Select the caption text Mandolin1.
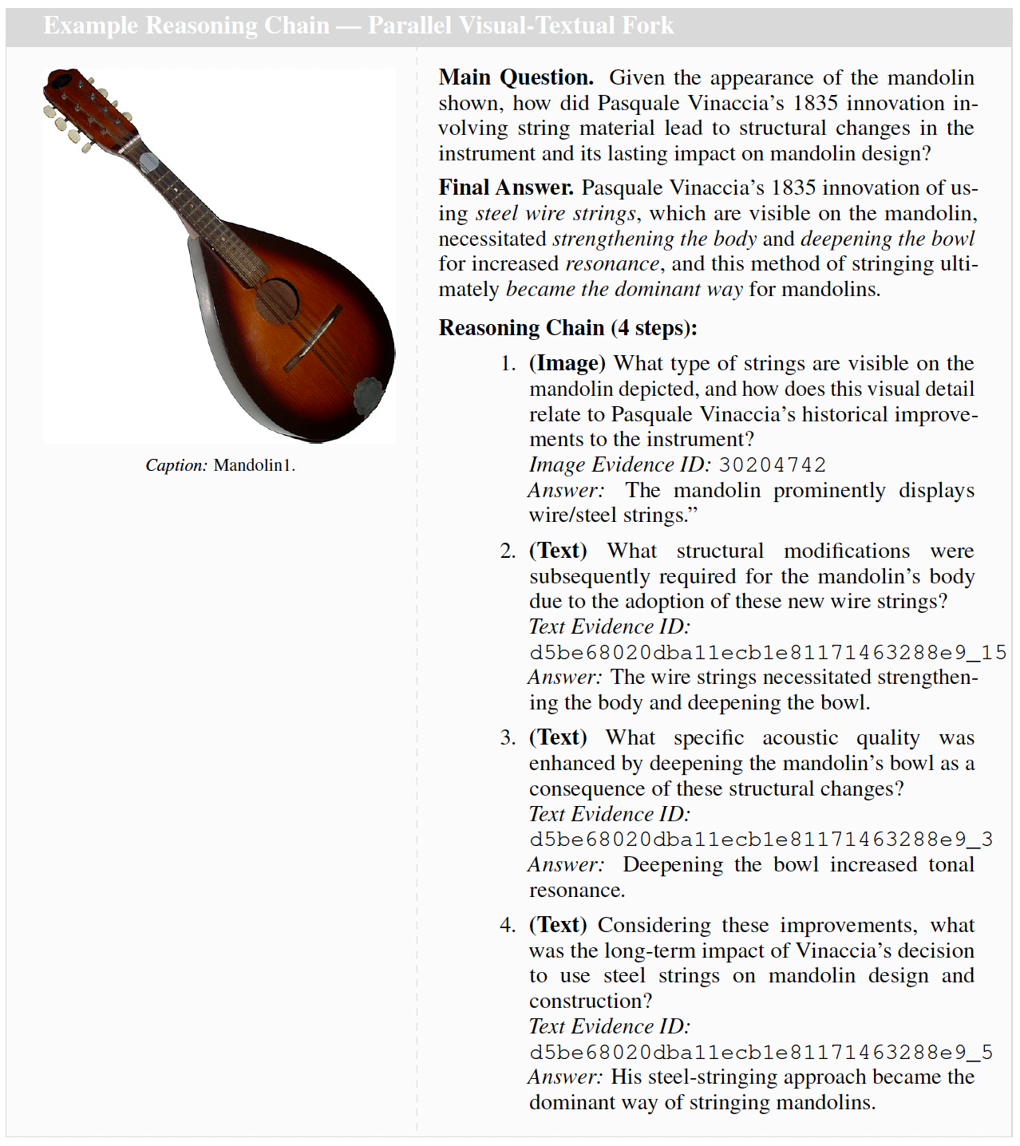[254, 465]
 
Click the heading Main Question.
[516, 77]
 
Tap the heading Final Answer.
[506, 188]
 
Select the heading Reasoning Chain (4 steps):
[567, 328]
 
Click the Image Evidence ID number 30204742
[772, 464]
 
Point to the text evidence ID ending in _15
[768, 652]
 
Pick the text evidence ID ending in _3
[761, 839]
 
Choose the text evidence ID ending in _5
[761, 1052]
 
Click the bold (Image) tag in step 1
[567, 363]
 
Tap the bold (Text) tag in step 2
[557, 551]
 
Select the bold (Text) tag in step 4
[557, 925]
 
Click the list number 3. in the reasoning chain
[508, 737]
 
